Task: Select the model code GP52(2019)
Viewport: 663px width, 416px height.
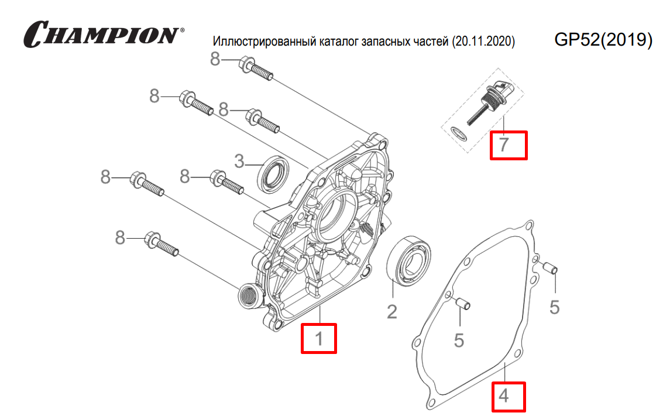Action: [x=603, y=39]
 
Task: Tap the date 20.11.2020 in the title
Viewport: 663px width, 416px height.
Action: [x=483, y=42]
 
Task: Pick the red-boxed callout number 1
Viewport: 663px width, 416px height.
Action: [x=319, y=338]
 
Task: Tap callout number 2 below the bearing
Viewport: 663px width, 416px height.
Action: [x=391, y=311]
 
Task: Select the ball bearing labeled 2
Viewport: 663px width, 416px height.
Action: [x=410, y=261]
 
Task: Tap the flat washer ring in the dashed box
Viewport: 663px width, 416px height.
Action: [x=460, y=132]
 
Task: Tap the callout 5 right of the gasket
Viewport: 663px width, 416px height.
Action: [x=555, y=307]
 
